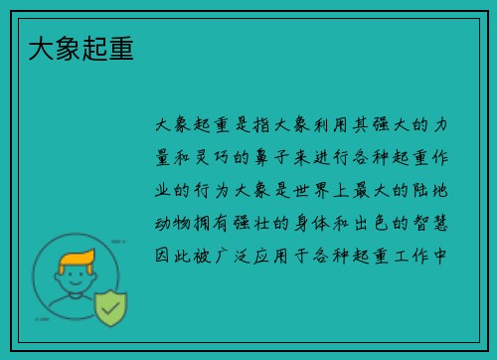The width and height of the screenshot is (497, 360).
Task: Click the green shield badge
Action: pos(110,308)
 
